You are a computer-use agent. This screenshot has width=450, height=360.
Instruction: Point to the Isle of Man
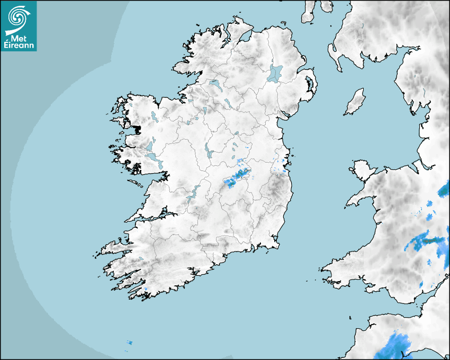(x=355, y=102)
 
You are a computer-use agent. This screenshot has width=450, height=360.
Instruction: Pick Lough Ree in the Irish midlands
(x=209, y=151)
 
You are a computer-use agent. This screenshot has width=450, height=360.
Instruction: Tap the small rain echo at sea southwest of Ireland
(x=129, y=343)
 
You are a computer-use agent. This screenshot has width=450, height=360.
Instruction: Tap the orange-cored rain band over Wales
(x=426, y=241)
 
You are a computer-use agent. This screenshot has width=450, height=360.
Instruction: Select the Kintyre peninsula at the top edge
(x=308, y=12)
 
